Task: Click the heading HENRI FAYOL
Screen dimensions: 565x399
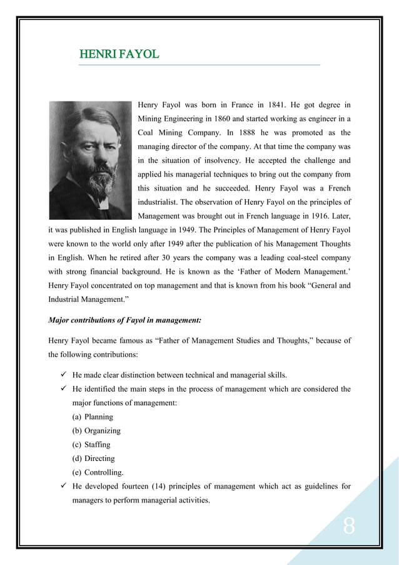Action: click(x=119, y=54)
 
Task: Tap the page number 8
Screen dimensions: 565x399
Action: click(x=349, y=527)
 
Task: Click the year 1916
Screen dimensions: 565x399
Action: click(x=318, y=215)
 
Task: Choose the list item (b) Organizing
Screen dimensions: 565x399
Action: click(x=96, y=431)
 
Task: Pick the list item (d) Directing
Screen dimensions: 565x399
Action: click(x=93, y=459)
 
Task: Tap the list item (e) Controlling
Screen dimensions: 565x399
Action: click(x=95, y=472)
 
